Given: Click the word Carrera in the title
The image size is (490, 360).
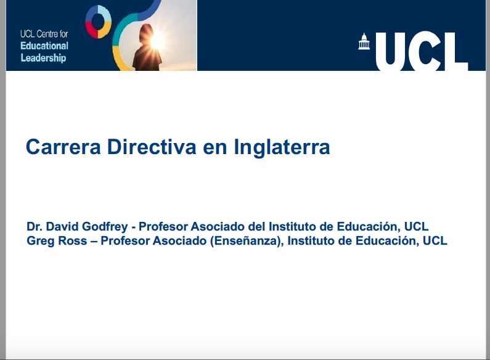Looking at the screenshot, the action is pyautogui.click(x=63, y=147).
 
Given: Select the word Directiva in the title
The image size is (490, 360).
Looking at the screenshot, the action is pyautogui.click(x=152, y=147).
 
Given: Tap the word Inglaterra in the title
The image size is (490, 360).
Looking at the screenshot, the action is pyautogui.click(x=282, y=147).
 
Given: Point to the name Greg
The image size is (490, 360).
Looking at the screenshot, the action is pyautogui.click(x=40, y=241).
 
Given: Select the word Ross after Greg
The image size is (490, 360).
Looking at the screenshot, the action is pyautogui.click(x=72, y=241).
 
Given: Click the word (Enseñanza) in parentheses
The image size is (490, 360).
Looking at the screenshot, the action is pyautogui.click(x=247, y=241).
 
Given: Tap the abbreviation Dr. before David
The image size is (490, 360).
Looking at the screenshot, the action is pyautogui.click(x=35, y=227).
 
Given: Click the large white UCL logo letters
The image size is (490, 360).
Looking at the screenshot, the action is pyautogui.click(x=422, y=51).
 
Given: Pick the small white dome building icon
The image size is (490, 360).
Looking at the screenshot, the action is pyautogui.click(x=364, y=41).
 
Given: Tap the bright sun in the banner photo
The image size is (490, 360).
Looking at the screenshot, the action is pyautogui.click(x=157, y=39).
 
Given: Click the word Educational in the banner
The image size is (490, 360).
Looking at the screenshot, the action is pyautogui.click(x=44, y=46).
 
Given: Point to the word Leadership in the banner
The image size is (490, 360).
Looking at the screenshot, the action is pyautogui.click(x=43, y=58).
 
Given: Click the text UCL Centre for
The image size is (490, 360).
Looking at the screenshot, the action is pyautogui.click(x=44, y=34).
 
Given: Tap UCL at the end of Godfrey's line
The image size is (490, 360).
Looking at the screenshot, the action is pyautogui.click(x=416, y=227).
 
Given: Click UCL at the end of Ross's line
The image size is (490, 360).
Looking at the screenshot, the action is pyautogui.click(x=435, y=241).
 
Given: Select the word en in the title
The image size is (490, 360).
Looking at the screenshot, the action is pyautogui.click(x=215, y=148).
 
